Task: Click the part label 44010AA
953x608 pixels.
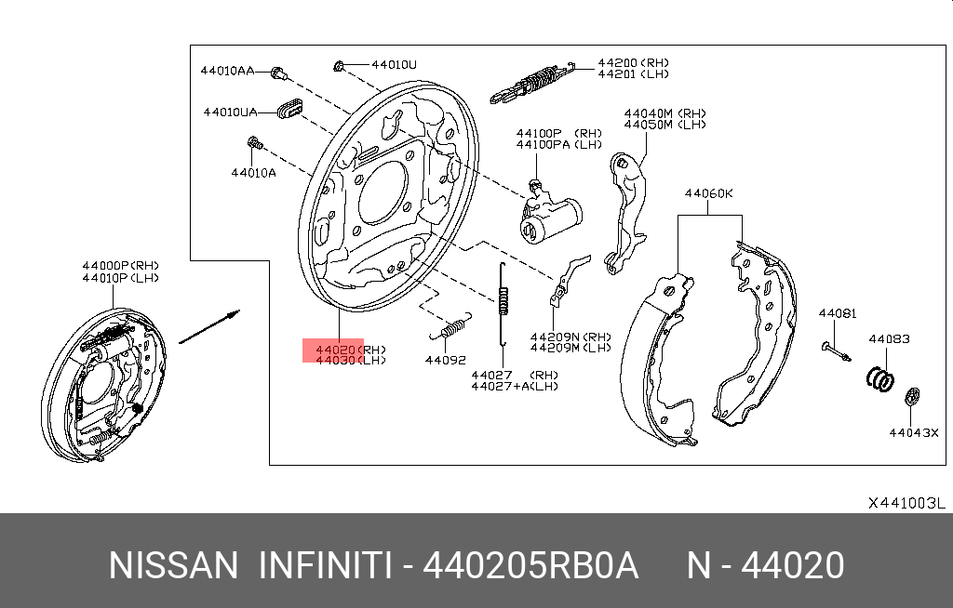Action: (x=226, y=71)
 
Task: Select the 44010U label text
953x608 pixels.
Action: (x=394, y=65)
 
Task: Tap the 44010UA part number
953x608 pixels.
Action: (x=230, y=112)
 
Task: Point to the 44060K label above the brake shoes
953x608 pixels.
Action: (x=708, y=194)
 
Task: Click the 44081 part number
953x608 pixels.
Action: (x=838, y=314)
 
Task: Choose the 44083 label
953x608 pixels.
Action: (x=889, y=339)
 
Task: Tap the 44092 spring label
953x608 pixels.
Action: (x=445, y=359)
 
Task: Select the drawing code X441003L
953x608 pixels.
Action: (x=906, y=503)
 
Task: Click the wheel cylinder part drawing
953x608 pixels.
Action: (x=549, y=219)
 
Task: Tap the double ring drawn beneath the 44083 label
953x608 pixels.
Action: (x=881, y=377)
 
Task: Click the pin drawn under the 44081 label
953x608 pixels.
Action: (x=837, y=351)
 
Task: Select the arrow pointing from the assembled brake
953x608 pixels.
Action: (x=209, y=326)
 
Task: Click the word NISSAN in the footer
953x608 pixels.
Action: (x=173, y=565)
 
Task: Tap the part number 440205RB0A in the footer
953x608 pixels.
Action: (x=530, y=565)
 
